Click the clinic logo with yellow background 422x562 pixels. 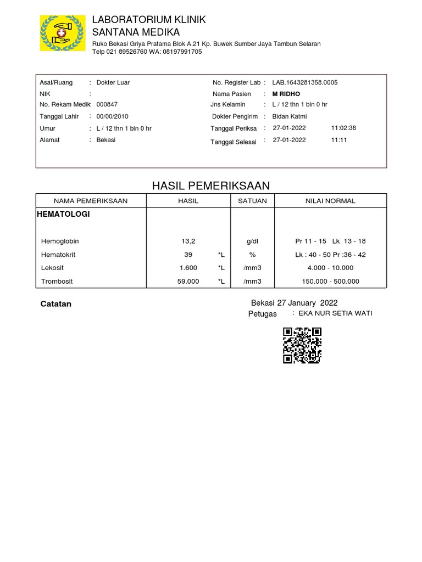(x=63, y=33)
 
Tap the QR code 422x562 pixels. (x=302, y=345)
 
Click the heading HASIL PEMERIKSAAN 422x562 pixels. (x=211, y=186)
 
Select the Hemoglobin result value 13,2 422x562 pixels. (x=188, y=241)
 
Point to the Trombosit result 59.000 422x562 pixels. (x=188, y=282)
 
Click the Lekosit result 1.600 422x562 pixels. (x=188, y=268)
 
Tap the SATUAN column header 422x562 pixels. (x=252, y=201)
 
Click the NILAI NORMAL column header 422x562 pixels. (x=330, y=201)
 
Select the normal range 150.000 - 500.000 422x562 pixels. (x=330, y=282)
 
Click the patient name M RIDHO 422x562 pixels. (x=286, y=94)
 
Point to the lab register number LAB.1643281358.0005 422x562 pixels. (x=305, y=82)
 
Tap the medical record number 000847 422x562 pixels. (x=107, y=104)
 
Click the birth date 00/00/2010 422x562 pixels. (x=112, y=116)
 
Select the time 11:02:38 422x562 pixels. (x=343, y=128)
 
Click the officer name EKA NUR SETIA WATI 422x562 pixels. (x=335, y=313)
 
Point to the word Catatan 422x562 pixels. (x=56, y=304)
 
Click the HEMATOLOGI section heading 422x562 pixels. (x=63, y=215)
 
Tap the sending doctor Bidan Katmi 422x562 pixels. (x=290, y=116)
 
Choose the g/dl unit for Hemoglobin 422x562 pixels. (x=252, y=241)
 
